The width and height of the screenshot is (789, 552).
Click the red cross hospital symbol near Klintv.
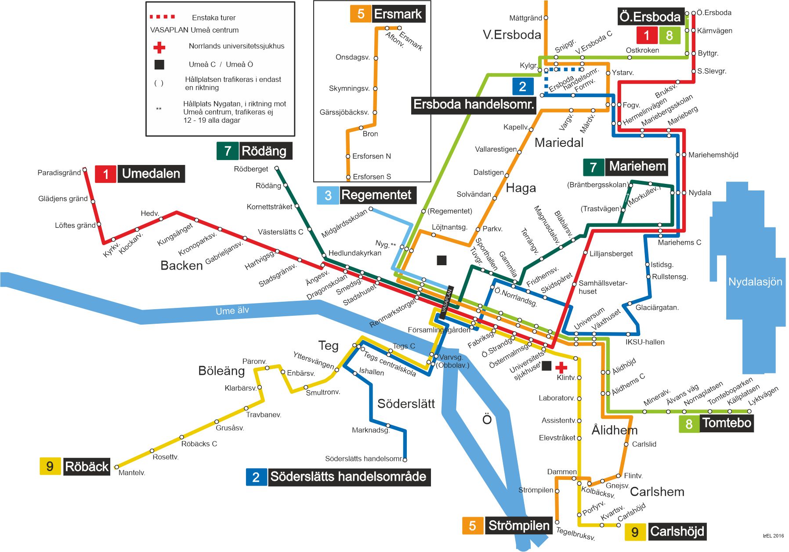point(561,367)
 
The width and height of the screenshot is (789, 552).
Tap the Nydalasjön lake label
point(755,282)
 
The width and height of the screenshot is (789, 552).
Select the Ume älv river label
point(232,311)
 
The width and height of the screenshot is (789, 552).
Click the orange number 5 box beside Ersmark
point(360,14)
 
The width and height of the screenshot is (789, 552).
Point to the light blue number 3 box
point(327,195)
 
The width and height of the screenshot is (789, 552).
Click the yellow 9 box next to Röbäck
point(50,466)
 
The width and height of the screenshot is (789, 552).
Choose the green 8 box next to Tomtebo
point(688,424)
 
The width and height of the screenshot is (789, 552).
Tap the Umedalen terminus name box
point(151,174)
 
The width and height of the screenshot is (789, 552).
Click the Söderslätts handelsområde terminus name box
point(348,477)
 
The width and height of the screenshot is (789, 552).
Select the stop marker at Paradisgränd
point(85,170)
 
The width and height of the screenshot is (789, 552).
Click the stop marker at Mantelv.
point(116,467)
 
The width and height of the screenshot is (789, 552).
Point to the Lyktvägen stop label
point(763,395)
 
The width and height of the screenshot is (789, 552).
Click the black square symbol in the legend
point(159,65)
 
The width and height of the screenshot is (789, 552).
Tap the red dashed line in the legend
point(162,17)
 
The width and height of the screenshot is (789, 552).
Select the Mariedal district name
point(559,143)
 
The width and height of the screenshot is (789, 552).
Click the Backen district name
point(181,265)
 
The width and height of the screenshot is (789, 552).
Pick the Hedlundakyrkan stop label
point(355,253)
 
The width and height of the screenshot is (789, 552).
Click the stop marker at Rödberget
point(277,168)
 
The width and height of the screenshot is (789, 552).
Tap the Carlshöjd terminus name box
point(677,531)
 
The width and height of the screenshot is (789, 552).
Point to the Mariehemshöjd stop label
point(713,155)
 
